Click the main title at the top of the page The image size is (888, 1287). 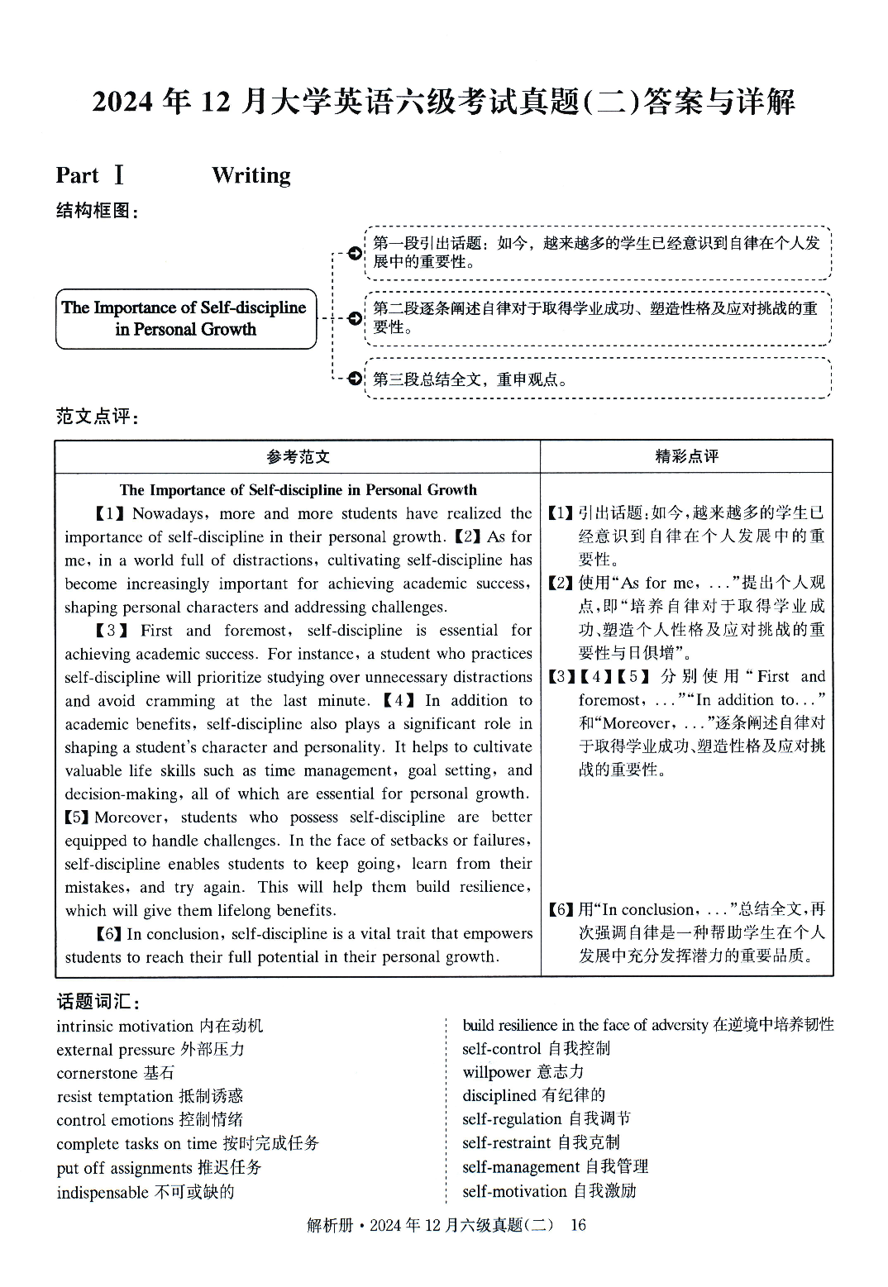(x=443, y=102)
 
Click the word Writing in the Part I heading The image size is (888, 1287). (x=251, y=175)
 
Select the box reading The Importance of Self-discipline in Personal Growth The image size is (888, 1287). (x=186, y=318)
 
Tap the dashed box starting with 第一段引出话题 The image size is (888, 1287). (x=597, y=252)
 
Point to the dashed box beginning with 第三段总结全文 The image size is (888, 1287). (x=597, y=379)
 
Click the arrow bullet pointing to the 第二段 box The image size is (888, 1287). (x=355, y=318)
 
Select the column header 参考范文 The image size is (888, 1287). (x=298, y=456)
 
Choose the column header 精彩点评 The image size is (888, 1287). (x=686, y=456)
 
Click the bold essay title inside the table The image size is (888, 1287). (x=298, y=489)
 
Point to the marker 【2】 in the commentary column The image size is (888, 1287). (x=561, y=583)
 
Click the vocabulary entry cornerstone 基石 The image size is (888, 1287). (x=116, y=1073)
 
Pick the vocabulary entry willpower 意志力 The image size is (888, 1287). (x=523, y=1072)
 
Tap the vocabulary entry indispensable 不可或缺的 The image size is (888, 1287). (x=146, y=1192)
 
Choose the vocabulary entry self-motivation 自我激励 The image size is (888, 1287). (x=549, y=1191)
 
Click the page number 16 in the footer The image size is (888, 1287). (x=578, y=1225)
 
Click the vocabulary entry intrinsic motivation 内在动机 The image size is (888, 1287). (x=160, y=1026)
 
